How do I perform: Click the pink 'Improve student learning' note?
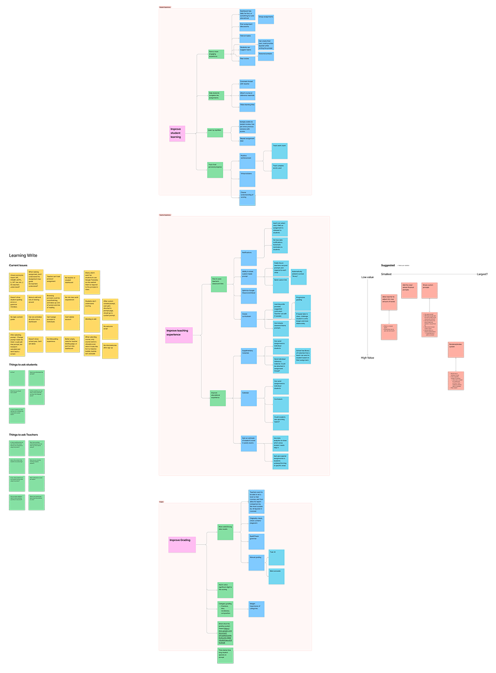177,133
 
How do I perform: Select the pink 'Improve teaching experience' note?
179,335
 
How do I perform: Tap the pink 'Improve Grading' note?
182,545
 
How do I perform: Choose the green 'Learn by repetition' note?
215,132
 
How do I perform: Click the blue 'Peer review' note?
248,61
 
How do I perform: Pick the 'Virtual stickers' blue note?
248,177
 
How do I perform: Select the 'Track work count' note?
280,151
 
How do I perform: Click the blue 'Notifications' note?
249,257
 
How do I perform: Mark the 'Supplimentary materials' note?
248,356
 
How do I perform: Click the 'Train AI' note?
276,557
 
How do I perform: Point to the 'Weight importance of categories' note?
256,609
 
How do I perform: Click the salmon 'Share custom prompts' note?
429,290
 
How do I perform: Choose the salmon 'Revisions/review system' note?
456,350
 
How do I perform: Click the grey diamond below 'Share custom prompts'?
430,306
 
